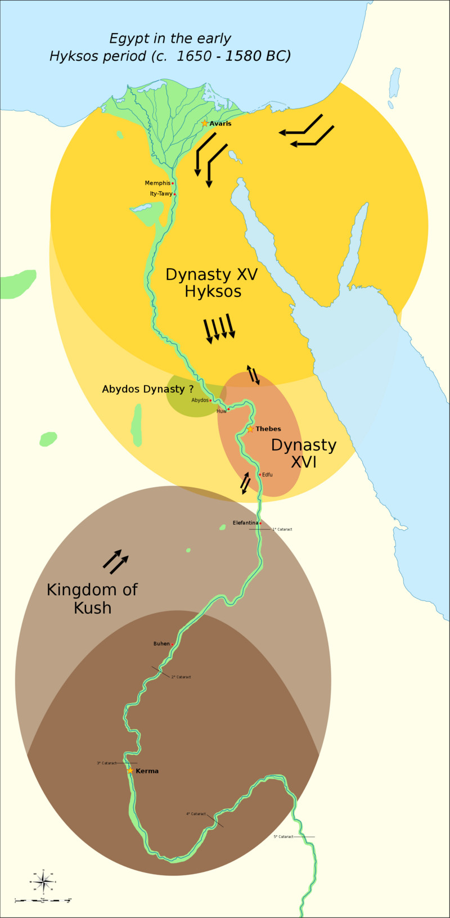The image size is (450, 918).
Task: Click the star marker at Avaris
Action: pos(205,123)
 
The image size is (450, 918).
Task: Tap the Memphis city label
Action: pos(157,183)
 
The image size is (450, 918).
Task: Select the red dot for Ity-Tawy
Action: pos(175,195)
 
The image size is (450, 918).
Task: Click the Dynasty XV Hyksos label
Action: pos(212,283)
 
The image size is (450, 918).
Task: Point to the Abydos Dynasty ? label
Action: pos(147,389)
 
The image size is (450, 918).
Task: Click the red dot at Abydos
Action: pos(210,400)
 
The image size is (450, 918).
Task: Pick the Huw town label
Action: pos(222,411)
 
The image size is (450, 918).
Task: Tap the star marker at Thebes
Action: pos(250,429)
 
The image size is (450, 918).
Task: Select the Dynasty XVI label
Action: pos(303,453)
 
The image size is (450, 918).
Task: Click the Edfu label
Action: pos(267,475)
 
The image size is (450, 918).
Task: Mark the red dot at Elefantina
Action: pos(260,524)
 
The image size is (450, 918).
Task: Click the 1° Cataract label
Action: pos(282,529)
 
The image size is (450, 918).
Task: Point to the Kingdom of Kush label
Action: pos(92,598)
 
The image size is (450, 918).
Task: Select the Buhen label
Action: pos(161,644)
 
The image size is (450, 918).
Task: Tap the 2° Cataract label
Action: pos(181,677)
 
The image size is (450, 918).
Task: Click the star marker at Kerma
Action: pos(130,771)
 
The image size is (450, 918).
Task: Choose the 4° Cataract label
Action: pos(196,814)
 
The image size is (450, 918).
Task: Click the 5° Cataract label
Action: pos(283,837)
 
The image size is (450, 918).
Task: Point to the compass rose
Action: pos(43,881)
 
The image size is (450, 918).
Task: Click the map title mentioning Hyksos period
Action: pos(170,47)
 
